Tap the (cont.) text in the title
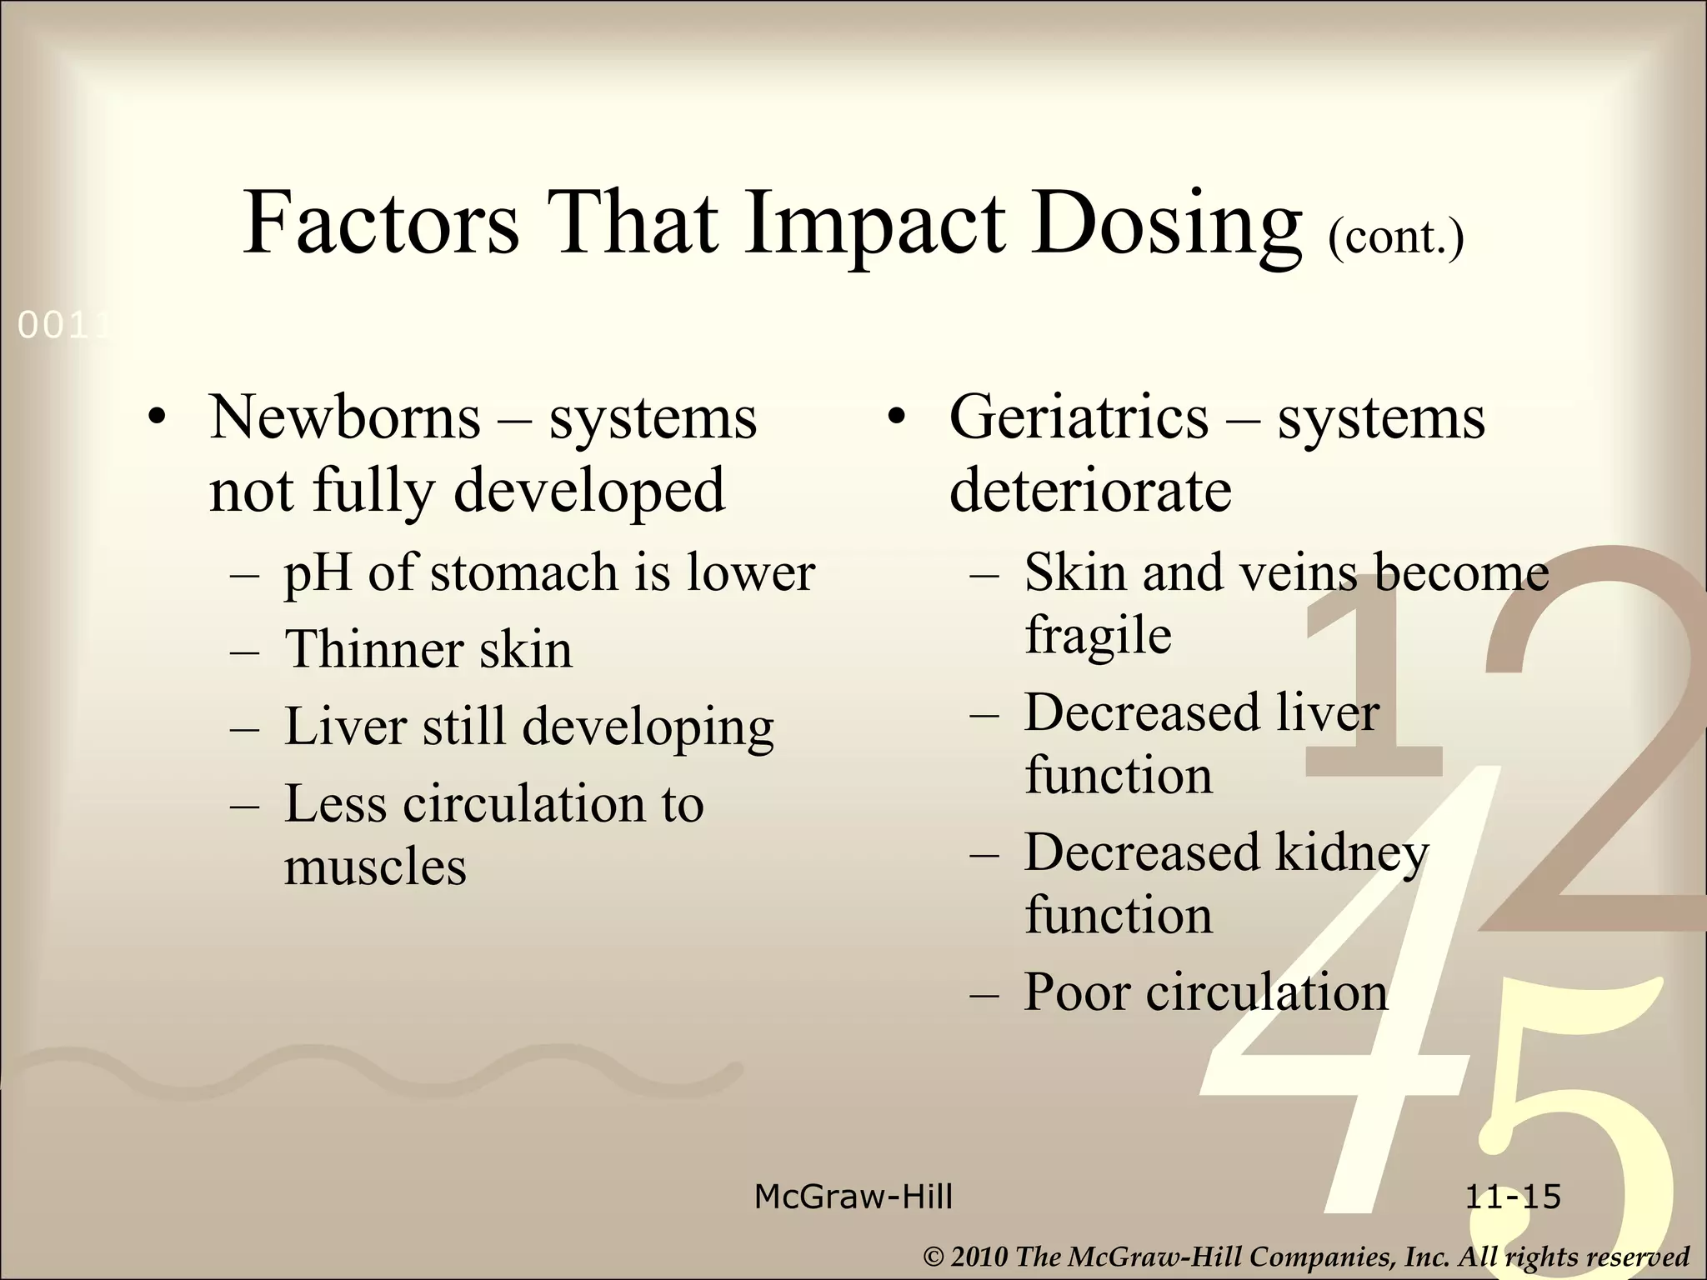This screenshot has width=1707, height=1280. [x=1396, y=237]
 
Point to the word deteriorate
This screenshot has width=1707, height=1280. [x=1090, y=490]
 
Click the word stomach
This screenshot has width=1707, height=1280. [x=523, y=573]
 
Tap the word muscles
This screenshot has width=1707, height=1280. [x=375, y=867]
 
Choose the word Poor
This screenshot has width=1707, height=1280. [x=1075, y=992]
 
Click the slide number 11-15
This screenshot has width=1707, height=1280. [x=1513, y=1197]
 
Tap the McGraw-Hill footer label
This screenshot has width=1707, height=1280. [x=853, y=1197]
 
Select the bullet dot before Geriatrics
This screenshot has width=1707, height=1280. [x=896, y=418]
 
